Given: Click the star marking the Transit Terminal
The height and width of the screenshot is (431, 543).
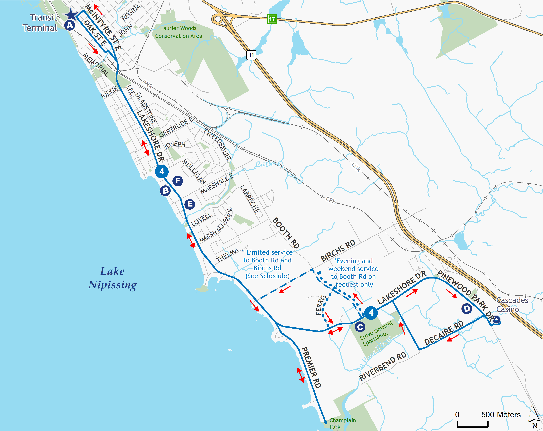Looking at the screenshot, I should [71, 15].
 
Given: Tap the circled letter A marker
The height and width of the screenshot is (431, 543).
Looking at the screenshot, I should [70, 25].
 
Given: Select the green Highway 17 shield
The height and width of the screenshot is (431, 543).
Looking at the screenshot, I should [272, 19].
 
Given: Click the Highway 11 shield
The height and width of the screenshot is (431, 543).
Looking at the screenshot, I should [251, 55].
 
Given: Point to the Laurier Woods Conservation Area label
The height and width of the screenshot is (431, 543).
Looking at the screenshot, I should [178, 32].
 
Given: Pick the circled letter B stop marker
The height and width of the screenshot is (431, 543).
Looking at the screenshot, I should [165, 190].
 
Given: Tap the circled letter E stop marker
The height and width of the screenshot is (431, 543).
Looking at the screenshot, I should [190, 204].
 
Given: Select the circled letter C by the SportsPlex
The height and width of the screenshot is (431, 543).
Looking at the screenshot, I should [360, 327].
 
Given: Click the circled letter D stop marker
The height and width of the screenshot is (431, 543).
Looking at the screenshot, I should [467, 309].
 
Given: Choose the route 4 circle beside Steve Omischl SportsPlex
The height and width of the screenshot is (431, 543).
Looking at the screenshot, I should [371, 313].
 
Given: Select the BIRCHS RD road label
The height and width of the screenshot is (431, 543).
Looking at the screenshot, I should [338, 251].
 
